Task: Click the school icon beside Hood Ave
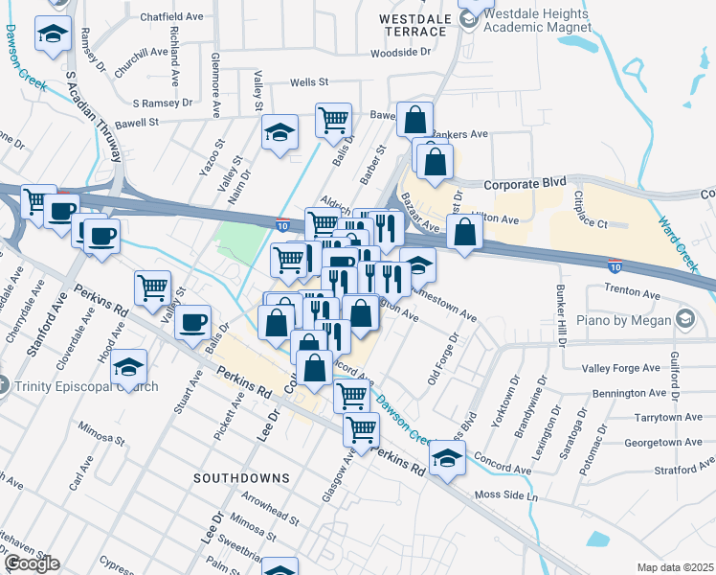128,367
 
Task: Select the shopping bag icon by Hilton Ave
464,232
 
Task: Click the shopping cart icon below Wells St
333,120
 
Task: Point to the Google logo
32,563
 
